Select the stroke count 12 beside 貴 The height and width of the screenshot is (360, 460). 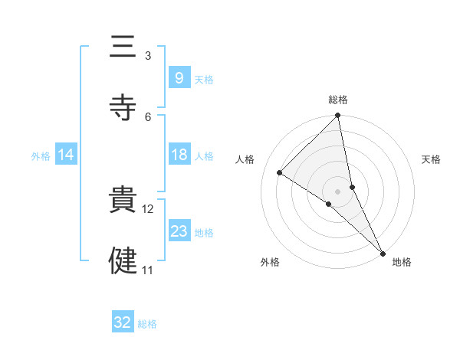click(148, 209)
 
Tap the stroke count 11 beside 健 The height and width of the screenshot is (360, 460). click(148, 270)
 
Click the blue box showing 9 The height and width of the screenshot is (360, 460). click(179, 77)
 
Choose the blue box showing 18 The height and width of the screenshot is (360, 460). click(179, 155)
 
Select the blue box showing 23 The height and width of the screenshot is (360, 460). click(179, 231)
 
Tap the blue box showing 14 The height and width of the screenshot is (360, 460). click(66, 155)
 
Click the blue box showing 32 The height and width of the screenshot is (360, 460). click(123, 322)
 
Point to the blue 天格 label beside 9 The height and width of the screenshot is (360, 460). click(204, 79)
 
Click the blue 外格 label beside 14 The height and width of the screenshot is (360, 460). click(41, 156)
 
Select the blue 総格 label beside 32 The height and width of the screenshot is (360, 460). click(147, 324)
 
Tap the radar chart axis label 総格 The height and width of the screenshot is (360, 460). click(338, 100)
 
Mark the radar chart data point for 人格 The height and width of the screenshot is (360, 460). click(280, 173)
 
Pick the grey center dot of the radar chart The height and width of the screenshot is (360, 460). click(338, 191)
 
